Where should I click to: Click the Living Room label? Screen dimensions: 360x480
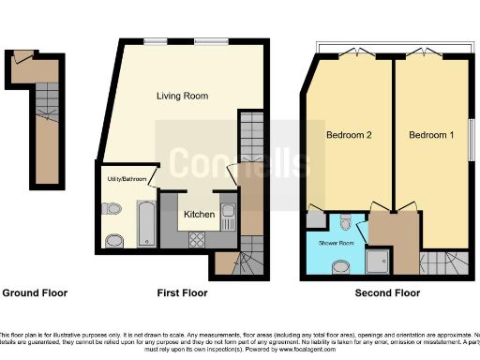(181, 96)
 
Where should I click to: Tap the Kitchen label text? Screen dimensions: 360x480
(199, 215)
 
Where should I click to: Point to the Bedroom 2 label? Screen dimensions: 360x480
(349, 136)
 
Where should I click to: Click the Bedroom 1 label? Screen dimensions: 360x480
(431, 136)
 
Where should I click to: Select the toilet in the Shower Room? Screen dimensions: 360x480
(346, 222)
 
